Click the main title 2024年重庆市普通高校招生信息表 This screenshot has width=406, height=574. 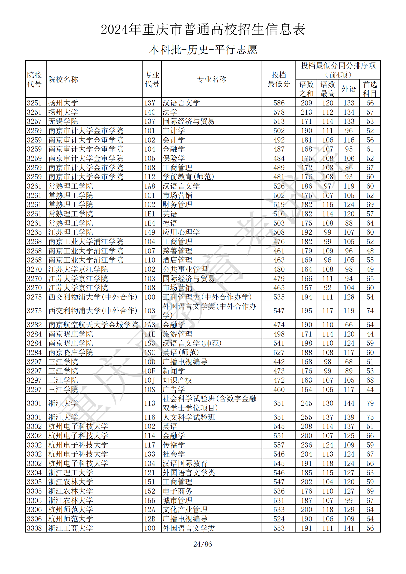click(x=203, y=29)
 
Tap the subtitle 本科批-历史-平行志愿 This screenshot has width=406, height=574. click(x=203, y=50)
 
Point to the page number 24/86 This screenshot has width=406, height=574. click(x=203, y=544)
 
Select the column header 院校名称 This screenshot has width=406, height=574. click(x=63, y=79)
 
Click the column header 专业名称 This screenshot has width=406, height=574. click(x=211, y=79)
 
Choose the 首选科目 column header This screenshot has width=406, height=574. click(x=370, y=89)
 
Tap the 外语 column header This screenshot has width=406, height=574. click(x=349, y=89)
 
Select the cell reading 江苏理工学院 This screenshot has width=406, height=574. click(x=70, y=232)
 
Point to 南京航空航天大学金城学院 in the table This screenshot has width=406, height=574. click(x=93, y=325)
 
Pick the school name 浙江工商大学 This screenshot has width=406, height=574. click(x=70, y=528)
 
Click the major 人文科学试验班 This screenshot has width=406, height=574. click(x=189, y=417)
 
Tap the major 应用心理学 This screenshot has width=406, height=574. click(x=181, y=232)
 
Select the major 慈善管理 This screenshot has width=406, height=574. click(x=177, y=251)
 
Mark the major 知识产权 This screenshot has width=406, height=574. click(x=177, y=380)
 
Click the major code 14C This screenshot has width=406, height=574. click(x=150, y=112)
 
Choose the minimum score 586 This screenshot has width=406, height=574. click(x=279, y=103)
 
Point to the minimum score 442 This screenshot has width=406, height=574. click(x=279, y=362)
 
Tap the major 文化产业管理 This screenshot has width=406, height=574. click(x=185, y=509)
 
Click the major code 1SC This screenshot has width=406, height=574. click(x=150, y=352)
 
